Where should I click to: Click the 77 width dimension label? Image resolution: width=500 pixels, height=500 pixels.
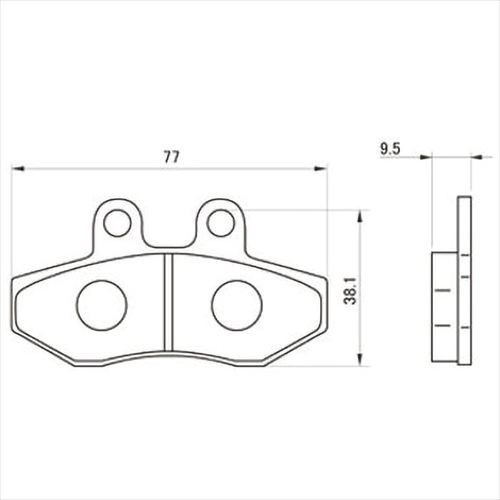point(172,156)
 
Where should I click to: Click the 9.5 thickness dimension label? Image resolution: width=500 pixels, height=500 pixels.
point(390,149)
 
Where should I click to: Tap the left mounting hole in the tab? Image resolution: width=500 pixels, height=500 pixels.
point(117,223)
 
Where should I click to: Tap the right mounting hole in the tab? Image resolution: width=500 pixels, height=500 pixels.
point(220,223)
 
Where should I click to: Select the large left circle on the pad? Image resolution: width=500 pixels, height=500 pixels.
point(102,304)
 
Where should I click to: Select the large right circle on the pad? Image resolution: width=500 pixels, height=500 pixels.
point(237,304)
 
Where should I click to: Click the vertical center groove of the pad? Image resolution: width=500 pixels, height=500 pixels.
point(169,302)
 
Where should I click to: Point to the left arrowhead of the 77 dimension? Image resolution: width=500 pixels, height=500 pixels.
point(18,169)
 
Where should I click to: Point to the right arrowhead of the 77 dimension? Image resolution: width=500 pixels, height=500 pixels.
point(320,169)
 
